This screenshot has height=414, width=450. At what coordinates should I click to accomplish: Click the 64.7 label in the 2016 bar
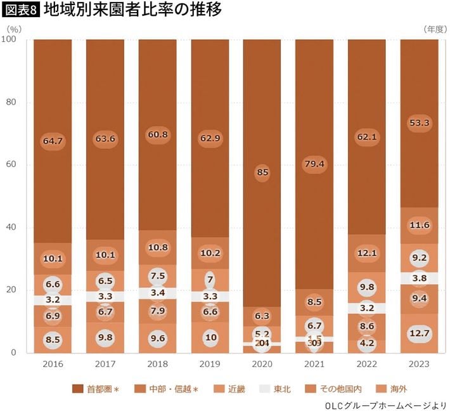coord(53,141)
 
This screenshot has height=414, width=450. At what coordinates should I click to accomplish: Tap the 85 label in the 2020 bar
coord(262,171)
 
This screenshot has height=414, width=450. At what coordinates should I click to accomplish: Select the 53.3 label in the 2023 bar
coord(420,123)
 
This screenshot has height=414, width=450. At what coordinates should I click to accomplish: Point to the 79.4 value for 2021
coord(314,165)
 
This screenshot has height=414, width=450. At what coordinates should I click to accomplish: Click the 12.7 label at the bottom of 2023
coord(420,333)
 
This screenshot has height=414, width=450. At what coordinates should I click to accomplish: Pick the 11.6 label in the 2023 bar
coord(420,224)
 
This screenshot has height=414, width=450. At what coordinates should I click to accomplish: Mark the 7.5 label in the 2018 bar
coord(157,276)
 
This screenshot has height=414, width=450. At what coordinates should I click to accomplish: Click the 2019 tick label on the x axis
coord(210,365)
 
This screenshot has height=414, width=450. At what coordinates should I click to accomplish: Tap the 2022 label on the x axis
coord(367,365)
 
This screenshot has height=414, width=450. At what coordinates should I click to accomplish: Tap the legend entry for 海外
coord(394,389)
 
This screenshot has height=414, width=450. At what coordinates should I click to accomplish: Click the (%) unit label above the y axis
coord(14,29)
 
